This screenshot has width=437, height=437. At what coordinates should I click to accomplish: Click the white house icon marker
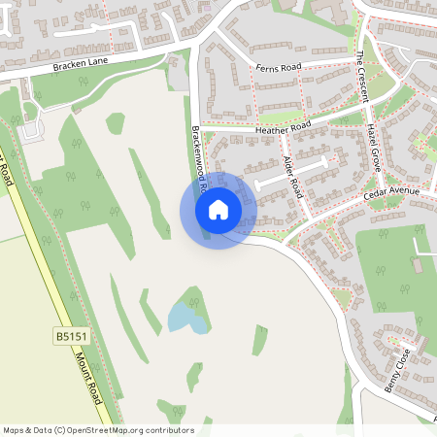218,209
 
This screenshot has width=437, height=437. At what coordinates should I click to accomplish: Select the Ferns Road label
278,68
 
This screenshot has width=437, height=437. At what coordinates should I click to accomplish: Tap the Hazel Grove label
374,146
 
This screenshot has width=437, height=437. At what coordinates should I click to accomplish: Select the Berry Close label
398,368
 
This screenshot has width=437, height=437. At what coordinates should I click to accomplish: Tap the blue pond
185,317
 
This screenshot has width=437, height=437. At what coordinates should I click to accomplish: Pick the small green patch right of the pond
259,339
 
